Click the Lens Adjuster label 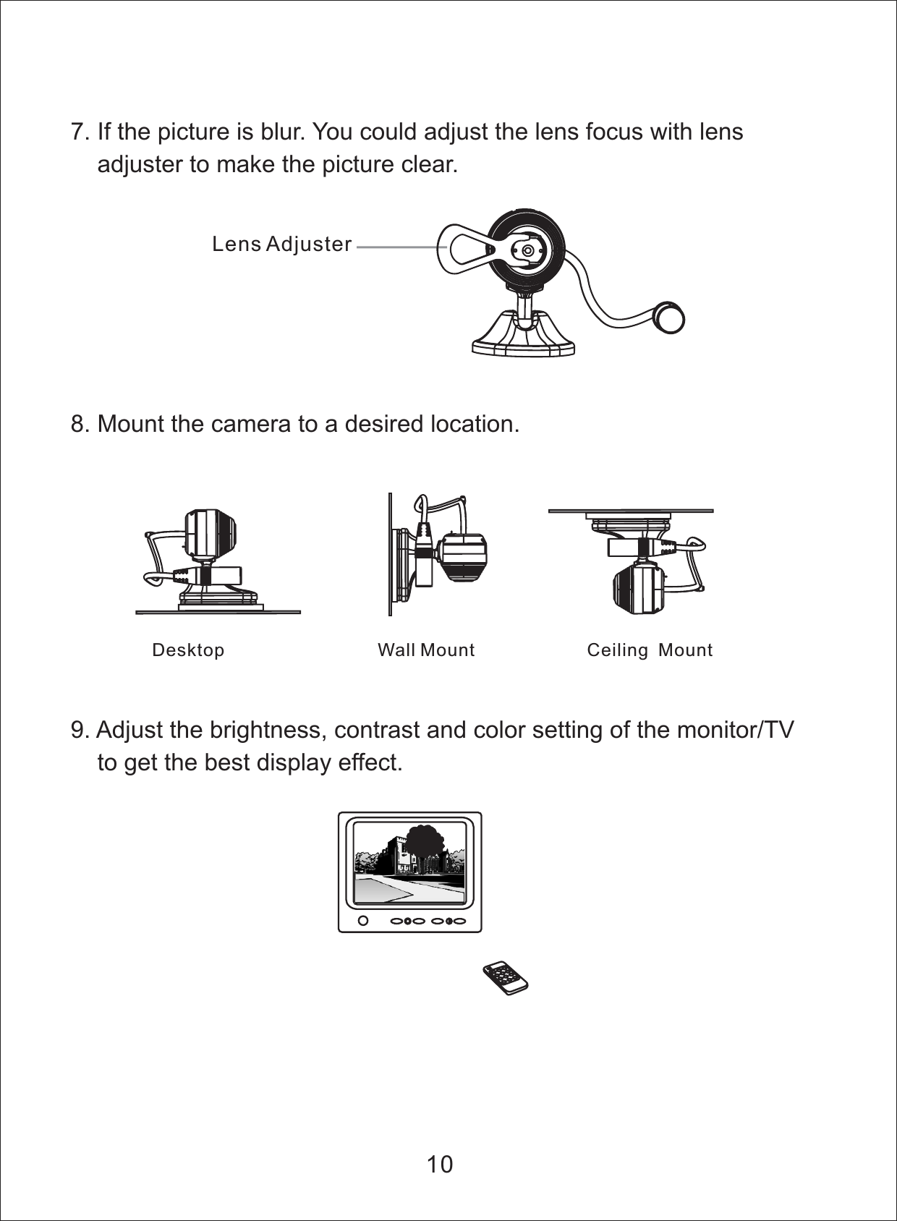281,244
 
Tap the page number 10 439,1164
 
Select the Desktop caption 188,650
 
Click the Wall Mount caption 426,650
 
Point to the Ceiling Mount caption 650,650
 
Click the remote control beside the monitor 506,978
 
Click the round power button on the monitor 364,921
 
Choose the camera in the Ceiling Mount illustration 638,588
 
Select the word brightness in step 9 268,730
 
